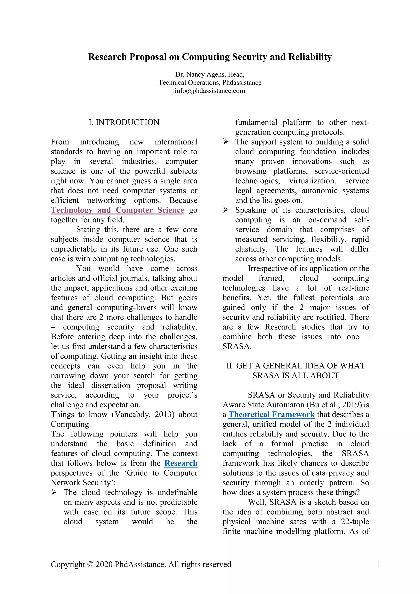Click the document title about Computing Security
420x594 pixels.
tap(210, 57)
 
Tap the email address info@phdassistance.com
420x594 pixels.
tap(210, 91)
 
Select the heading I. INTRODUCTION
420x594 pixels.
tap(124, 122)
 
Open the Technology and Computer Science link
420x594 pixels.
tap(118, 210)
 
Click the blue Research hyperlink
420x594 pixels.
tap(181, 463)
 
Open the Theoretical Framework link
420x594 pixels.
tap(271, 415)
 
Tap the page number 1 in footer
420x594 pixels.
tap(379, 564)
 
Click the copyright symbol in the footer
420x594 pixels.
tap(90, 564)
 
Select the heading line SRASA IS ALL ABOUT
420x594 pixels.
tap(296, 375)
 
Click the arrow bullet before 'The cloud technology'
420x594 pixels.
tap(54, 492)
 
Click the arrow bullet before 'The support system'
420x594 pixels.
tap(226, 142)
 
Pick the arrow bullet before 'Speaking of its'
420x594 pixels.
tap(226, 210)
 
